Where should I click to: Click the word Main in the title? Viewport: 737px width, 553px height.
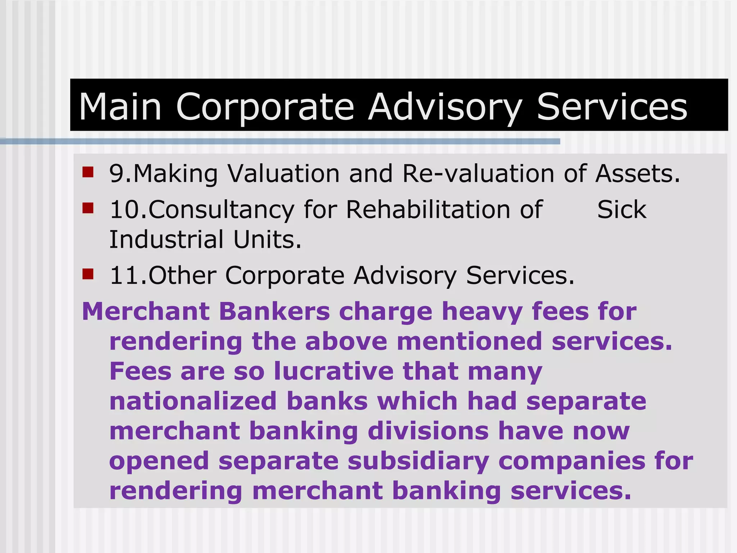click(120, 107)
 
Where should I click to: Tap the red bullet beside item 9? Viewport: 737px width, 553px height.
click(88, 172)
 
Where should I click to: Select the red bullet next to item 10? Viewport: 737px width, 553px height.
click(88, 208)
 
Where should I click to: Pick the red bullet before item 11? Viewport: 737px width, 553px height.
click(88, 274)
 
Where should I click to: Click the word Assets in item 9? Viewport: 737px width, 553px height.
click(637, 174)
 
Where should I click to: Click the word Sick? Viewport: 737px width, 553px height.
click(621, 210)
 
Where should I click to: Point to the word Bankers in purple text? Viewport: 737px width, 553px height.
click(275, 311)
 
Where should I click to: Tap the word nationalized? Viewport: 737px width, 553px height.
click(193, 401)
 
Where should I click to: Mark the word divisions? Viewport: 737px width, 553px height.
click(428, 431)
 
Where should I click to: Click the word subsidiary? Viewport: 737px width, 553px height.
click(418, 462)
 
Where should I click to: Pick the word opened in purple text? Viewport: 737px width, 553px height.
click(159, 462)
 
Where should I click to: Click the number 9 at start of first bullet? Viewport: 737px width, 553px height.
click(117, 174)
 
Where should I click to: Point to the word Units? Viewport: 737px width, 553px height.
click(267, 239)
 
